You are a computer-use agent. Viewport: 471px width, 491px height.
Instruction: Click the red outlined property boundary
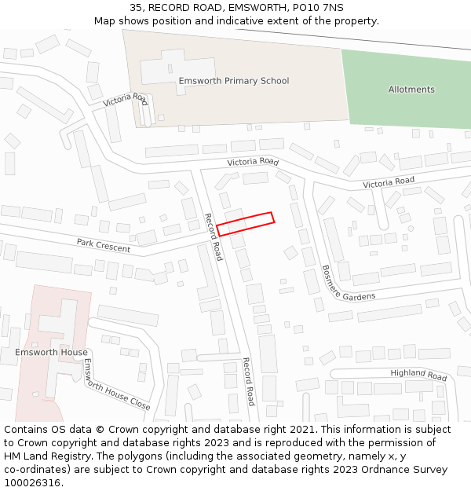tap(245, 223)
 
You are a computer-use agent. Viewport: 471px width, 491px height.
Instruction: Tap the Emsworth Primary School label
tap(233, 81)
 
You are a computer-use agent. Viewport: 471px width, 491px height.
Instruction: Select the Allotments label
tap(411, 90)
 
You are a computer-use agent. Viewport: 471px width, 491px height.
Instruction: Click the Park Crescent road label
tap(104, 245)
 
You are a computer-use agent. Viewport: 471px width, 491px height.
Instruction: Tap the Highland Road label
tap(418, 375)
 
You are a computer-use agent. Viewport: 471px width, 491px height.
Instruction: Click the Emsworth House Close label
tap(116, 385)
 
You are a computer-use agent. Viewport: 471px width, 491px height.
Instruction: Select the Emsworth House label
tap(51, 352)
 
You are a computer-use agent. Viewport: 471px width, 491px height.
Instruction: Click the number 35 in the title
tap(134, 7)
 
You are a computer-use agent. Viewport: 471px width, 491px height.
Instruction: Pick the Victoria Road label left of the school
tap(125, 100)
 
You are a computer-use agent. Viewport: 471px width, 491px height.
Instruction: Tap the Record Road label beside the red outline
tap(214, 236)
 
